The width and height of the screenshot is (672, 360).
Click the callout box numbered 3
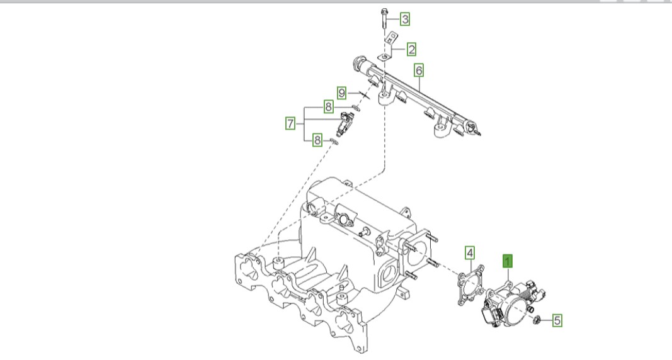(x=405, y=19)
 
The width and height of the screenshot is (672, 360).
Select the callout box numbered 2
(x=411, y=49)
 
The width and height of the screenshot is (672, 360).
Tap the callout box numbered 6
(x=419, y=70)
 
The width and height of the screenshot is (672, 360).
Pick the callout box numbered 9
(x=341, y=93)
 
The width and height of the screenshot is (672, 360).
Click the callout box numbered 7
(x=290, y=124)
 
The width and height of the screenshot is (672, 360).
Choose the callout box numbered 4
(x=470, y=253)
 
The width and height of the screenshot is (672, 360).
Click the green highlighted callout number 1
(x=508, y=261)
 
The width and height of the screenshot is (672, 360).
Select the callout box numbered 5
(x=557, y=320)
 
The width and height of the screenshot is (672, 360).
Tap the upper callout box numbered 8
(x=328, y=106)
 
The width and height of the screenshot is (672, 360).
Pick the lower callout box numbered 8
(x=317, y=140)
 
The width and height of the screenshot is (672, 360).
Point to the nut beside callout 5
(x=536, y=319)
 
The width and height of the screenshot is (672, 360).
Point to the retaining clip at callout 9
(x=365, y=95)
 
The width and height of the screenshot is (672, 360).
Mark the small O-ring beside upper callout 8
(x=355, y=107)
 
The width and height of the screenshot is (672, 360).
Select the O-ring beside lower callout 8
(x=334, y=141)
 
